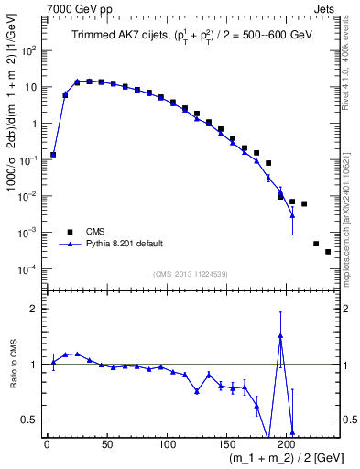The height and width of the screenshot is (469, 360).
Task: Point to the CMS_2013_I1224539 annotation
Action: click(x=191, y=274)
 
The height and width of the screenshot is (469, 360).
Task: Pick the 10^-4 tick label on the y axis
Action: click(x=30, y=269)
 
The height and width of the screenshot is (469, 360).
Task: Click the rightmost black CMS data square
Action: click(x=328, y=251)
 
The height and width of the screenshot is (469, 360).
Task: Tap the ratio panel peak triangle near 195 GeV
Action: click(x=280, y=336)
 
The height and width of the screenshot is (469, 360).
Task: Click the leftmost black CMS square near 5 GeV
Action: click(x=53, y=155)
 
